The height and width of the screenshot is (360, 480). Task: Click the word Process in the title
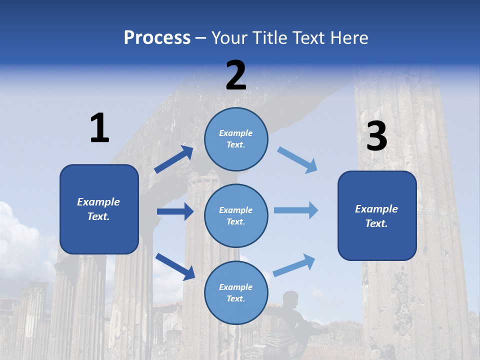(157, 38)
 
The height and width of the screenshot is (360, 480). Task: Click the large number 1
(99, 128)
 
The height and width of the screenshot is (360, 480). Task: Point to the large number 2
(236, 75)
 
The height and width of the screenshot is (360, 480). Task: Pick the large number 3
(376, 136)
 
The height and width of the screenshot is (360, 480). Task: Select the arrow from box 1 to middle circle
(175, 211)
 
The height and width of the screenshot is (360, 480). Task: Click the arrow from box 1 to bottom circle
(175, 266)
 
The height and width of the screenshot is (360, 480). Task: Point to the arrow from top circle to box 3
(297, 160)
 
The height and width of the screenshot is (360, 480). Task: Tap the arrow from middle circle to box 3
(296, 210)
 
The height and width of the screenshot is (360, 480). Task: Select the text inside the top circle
(236, 139)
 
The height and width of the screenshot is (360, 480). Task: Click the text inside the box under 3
(376, 216)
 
